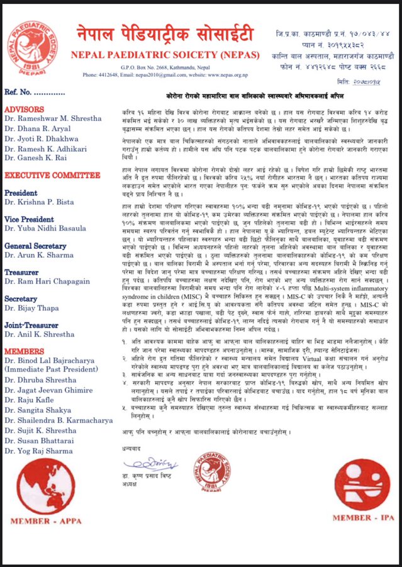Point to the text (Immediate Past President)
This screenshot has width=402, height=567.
(x=55, y=371)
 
